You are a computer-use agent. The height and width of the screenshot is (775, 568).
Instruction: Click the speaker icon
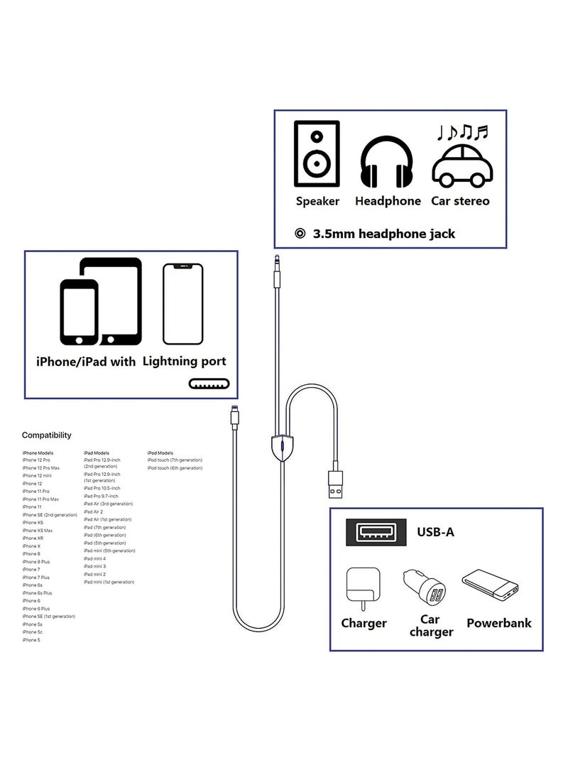(x=317, y=153)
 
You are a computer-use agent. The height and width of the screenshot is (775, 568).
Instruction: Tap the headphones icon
(x=387, y=161)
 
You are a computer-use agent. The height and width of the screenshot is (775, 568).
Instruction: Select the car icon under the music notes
(x=462, y=166)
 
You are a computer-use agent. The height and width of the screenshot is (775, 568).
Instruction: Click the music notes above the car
(x=462, y=132)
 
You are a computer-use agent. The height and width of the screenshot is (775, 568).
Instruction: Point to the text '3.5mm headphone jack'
(x=384, y=234)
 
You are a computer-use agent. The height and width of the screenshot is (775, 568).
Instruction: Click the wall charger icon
(x=363, y=587)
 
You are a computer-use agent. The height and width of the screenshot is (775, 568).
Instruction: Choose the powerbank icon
(x=490, y=586)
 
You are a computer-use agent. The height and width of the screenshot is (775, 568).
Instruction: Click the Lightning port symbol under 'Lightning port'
(x=207, y=384)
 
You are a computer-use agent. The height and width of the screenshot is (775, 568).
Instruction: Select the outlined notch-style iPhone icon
(x=182, y=304)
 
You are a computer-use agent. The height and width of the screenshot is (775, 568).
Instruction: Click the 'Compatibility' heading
(x=46, y=435)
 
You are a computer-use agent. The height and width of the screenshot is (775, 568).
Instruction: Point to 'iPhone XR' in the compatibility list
(x=34, y=538)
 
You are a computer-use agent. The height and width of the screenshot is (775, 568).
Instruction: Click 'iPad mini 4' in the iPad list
(x=94, y=558)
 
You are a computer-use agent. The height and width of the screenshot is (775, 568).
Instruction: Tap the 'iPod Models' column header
(x=160, y=452)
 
